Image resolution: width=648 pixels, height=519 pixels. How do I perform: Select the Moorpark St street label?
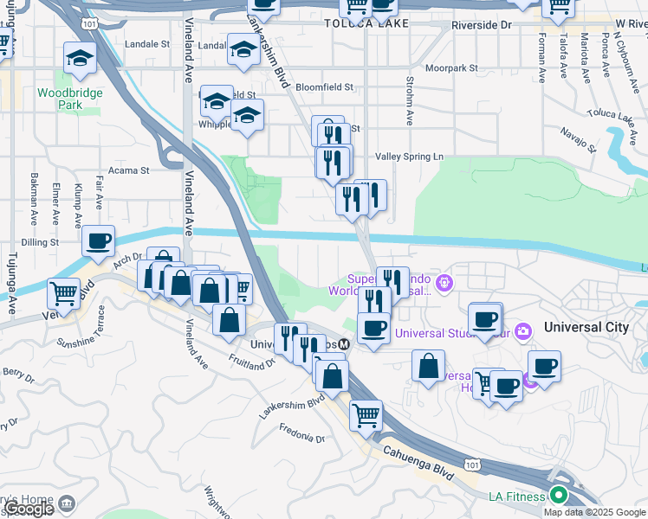458,67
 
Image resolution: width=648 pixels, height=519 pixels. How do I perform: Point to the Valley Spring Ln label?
409,157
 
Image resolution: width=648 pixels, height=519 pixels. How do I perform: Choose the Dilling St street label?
39,243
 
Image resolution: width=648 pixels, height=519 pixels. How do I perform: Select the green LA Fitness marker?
560,496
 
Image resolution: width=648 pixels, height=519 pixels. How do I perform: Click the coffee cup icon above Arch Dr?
98,241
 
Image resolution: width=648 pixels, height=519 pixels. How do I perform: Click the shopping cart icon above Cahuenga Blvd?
366,416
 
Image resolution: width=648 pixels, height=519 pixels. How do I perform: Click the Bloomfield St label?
325,87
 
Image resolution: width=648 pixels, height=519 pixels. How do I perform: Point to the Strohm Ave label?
409,96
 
